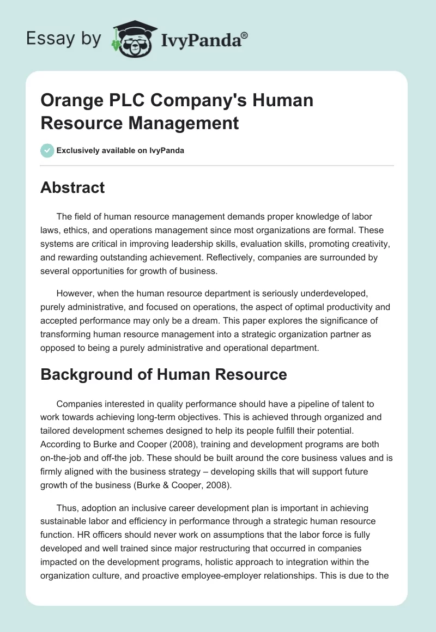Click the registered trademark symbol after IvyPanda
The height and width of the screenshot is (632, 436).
(245, 35)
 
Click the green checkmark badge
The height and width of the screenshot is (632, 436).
(47, 150)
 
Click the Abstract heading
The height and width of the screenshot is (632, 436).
(72, 187)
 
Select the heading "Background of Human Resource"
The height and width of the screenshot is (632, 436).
(163, 374)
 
